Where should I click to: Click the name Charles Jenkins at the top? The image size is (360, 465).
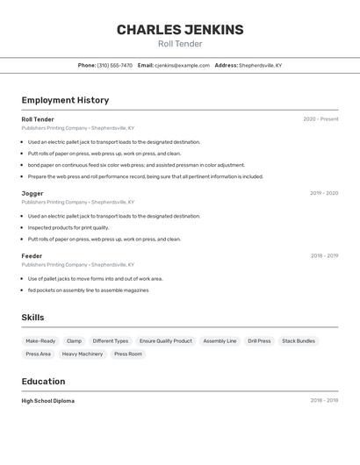pos(180,30)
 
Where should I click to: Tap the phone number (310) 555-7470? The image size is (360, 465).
pos(114,65)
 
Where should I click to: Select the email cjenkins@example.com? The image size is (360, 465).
pos(182,65)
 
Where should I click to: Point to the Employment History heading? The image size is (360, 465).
pos(65,100)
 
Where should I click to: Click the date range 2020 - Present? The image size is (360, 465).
pos(320,119)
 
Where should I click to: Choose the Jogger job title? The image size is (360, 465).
pos(32,193)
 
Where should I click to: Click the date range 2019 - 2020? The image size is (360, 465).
pos(323,193)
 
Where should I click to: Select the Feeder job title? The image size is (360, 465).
pos(32,256)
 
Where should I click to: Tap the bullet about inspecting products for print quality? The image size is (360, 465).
pos(68,227)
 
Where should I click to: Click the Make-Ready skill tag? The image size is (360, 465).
pos(40,340)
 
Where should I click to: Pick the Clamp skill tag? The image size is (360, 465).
pos(74,340)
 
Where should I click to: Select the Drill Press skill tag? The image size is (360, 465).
pos(259,340)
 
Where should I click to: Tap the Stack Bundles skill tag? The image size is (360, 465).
pos(299,340)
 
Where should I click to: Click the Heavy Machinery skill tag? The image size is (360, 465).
pos(83,354)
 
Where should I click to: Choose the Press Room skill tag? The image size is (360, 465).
pos(128,354)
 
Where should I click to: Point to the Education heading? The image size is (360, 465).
pos(43,382)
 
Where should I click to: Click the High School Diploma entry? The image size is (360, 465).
pos(48,400)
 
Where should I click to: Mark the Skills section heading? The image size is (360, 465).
pos(32,318)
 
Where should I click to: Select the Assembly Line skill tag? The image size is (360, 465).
pos(220,340)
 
